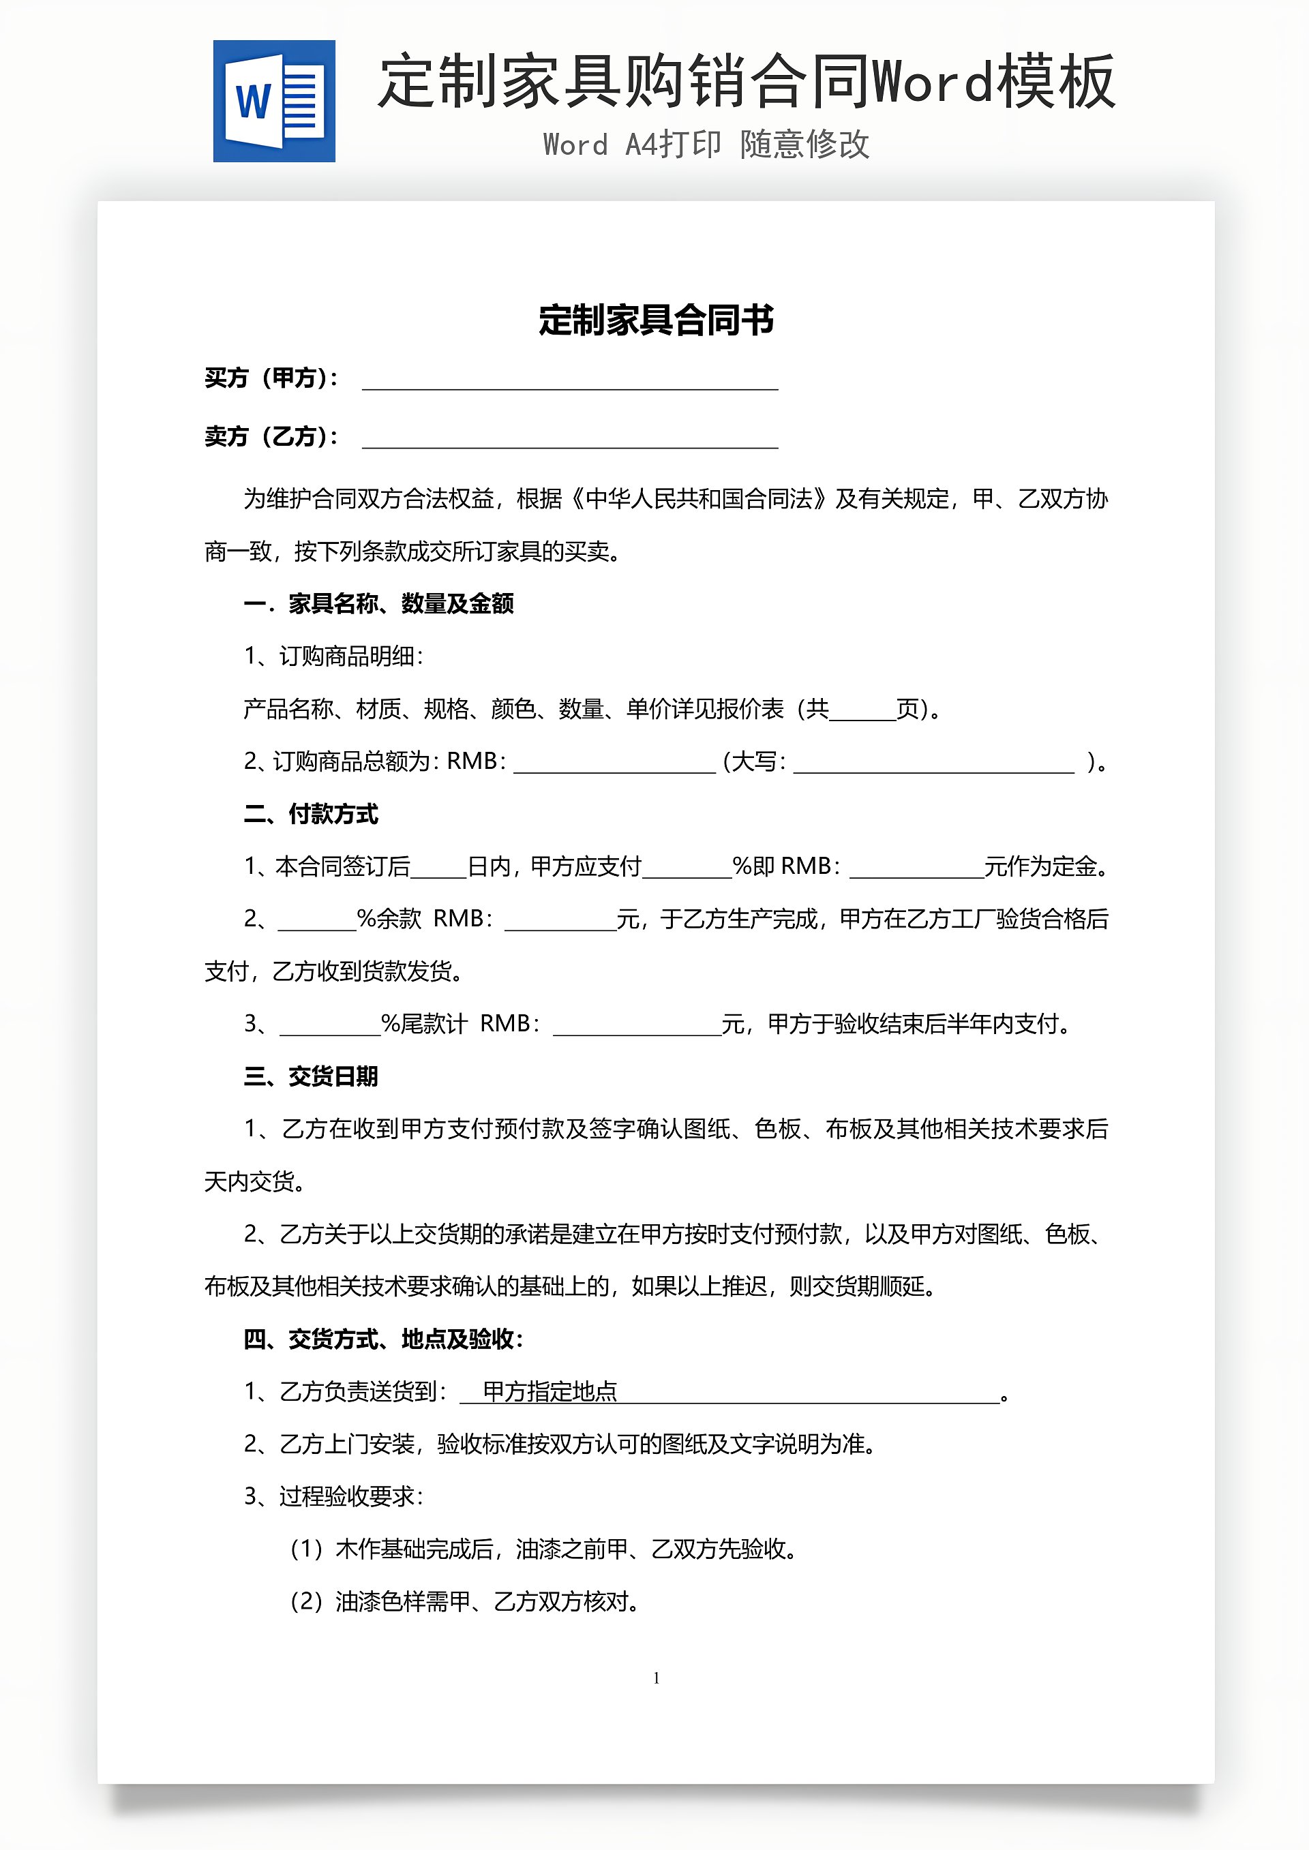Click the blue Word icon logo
(274, 102)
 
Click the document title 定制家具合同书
(656, 320)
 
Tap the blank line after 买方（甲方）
(570, 380)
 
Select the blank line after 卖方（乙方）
(570, 439)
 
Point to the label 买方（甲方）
(271, 378)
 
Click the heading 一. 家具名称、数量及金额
(379, 603)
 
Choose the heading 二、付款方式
(311, 814)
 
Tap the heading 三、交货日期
(311, 1076)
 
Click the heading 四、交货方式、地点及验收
(384, 1339)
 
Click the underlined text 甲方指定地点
(550, 1391)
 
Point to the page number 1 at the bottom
(656, 1678)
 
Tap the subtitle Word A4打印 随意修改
(706, 145)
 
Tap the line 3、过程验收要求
(333, 1496)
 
